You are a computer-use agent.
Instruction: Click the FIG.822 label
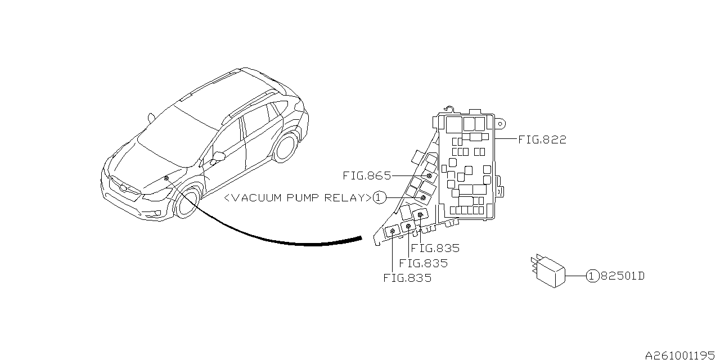click(x=542, y=139)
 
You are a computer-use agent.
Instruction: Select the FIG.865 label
click(x=366, y=176)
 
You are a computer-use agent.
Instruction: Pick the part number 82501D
click(x=622, y=276)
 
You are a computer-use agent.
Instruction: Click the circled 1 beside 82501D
click(x=592, y=276)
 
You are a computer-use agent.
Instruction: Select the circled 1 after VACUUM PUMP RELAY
click(x=379, y=198)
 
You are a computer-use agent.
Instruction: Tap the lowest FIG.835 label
click(x=407, y=278)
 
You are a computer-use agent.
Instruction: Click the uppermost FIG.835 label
click(x=435, y=248)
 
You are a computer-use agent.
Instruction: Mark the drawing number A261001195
click(x=681, y=355)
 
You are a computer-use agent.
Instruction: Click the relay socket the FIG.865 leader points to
click(x=429, y=176)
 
